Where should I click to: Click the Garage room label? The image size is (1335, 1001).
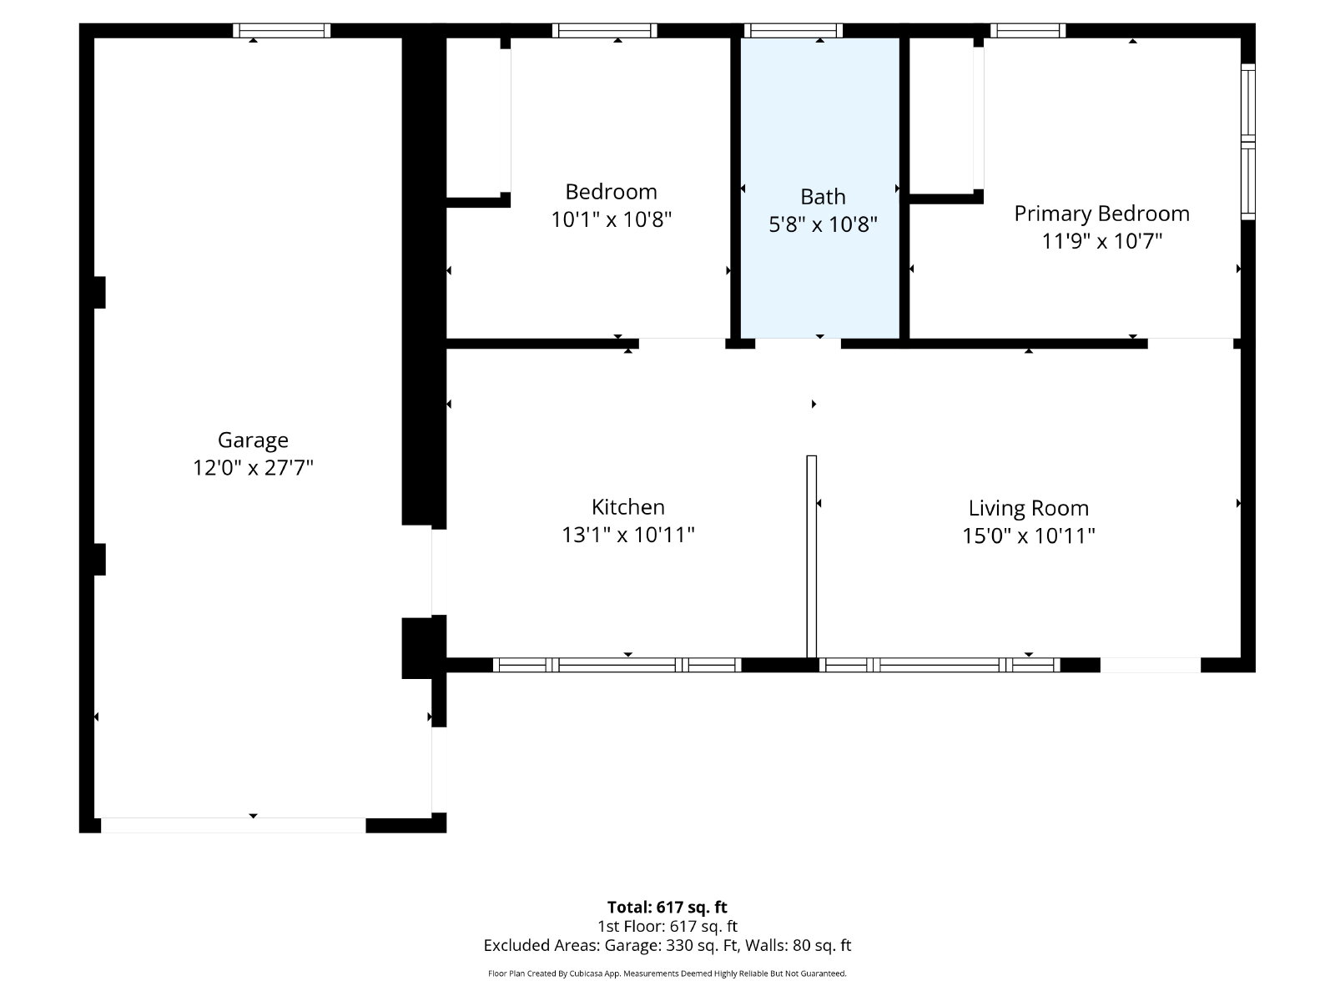(x=253, y=440)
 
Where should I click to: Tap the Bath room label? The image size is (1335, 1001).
(x=823, y=196)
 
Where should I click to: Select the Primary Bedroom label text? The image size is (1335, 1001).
(x=1101, y=214)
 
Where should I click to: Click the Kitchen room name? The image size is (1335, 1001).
(x=627, y=506)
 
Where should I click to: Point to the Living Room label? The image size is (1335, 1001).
(x=1028, y=507)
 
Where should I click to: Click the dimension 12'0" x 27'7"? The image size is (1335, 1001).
(x=253, y=467)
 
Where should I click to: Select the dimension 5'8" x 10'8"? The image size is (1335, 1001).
(x=823, y=224)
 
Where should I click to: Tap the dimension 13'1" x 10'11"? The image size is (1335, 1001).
(x=627, y=534)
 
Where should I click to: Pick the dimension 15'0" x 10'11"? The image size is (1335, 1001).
(x=1028, y=536)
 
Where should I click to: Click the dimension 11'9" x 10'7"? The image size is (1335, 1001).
(x=1101, y=241)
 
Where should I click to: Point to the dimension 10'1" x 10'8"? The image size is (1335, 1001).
(x=611, y=219)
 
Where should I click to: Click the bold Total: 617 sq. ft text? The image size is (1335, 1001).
(x=667, y=907)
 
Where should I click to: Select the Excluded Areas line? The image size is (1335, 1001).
(x=667, y=945)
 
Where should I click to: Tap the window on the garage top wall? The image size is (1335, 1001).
(x=281, y=30)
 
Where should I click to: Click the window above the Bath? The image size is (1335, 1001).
(x=793, y=30)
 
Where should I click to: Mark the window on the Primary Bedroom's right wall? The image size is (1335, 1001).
(x=1247, y=142)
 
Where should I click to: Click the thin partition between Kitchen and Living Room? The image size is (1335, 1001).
(x=811, y=556)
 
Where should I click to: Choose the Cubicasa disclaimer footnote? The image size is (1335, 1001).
(x=667, y=973)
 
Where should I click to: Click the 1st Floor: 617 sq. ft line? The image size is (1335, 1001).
(x=667, y=926)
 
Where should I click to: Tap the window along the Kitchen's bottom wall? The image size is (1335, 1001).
(x=617, y=665)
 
